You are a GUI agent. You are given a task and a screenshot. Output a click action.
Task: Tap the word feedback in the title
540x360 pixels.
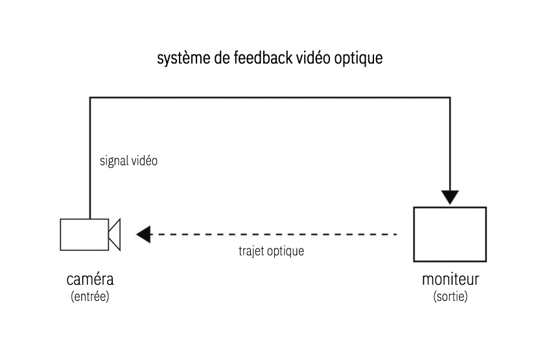pyautogui.click(x=260, y=58)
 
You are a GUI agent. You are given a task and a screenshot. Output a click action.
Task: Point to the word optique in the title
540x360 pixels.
pyautogui.click(x=358, y=59)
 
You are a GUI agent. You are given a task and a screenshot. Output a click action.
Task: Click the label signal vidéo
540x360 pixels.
pyautogui.click(x=128, y=161)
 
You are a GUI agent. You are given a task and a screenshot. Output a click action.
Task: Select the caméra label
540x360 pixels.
pyautogui.click(x=90, y=280)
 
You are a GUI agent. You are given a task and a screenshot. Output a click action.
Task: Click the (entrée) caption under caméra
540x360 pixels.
pyautogui.click(x=90, y=296)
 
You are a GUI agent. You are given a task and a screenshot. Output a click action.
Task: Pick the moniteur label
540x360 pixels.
pyautogui.click(x=450, y=280)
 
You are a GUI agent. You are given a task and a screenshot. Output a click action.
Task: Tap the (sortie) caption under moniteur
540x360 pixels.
pyautogui.click(x=450, y=296)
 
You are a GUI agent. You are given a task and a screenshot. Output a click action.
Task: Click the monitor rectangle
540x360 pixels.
pyautogui.click(x=450, y=234)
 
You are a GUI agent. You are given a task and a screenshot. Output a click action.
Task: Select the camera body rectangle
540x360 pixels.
pyautogui.click(x=84, y=234)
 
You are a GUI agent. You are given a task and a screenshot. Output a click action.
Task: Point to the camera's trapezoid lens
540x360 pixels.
pyautogui.click(x=115, y=234)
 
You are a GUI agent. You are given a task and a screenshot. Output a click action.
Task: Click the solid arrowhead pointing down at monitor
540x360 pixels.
pyautogui.click(x=449, y=197)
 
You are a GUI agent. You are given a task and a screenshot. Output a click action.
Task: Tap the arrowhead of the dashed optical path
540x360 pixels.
pyautogui.click(x=143, y=234)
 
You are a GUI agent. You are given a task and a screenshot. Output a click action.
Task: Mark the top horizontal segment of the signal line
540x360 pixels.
pyautogui.click(x=269, y=98)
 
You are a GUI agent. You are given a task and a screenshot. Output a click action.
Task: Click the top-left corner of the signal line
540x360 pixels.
pyautogui.click(x=90, y=98)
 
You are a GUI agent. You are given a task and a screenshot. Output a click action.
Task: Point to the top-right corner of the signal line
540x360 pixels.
pyautogui.click(x=449, y=98)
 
